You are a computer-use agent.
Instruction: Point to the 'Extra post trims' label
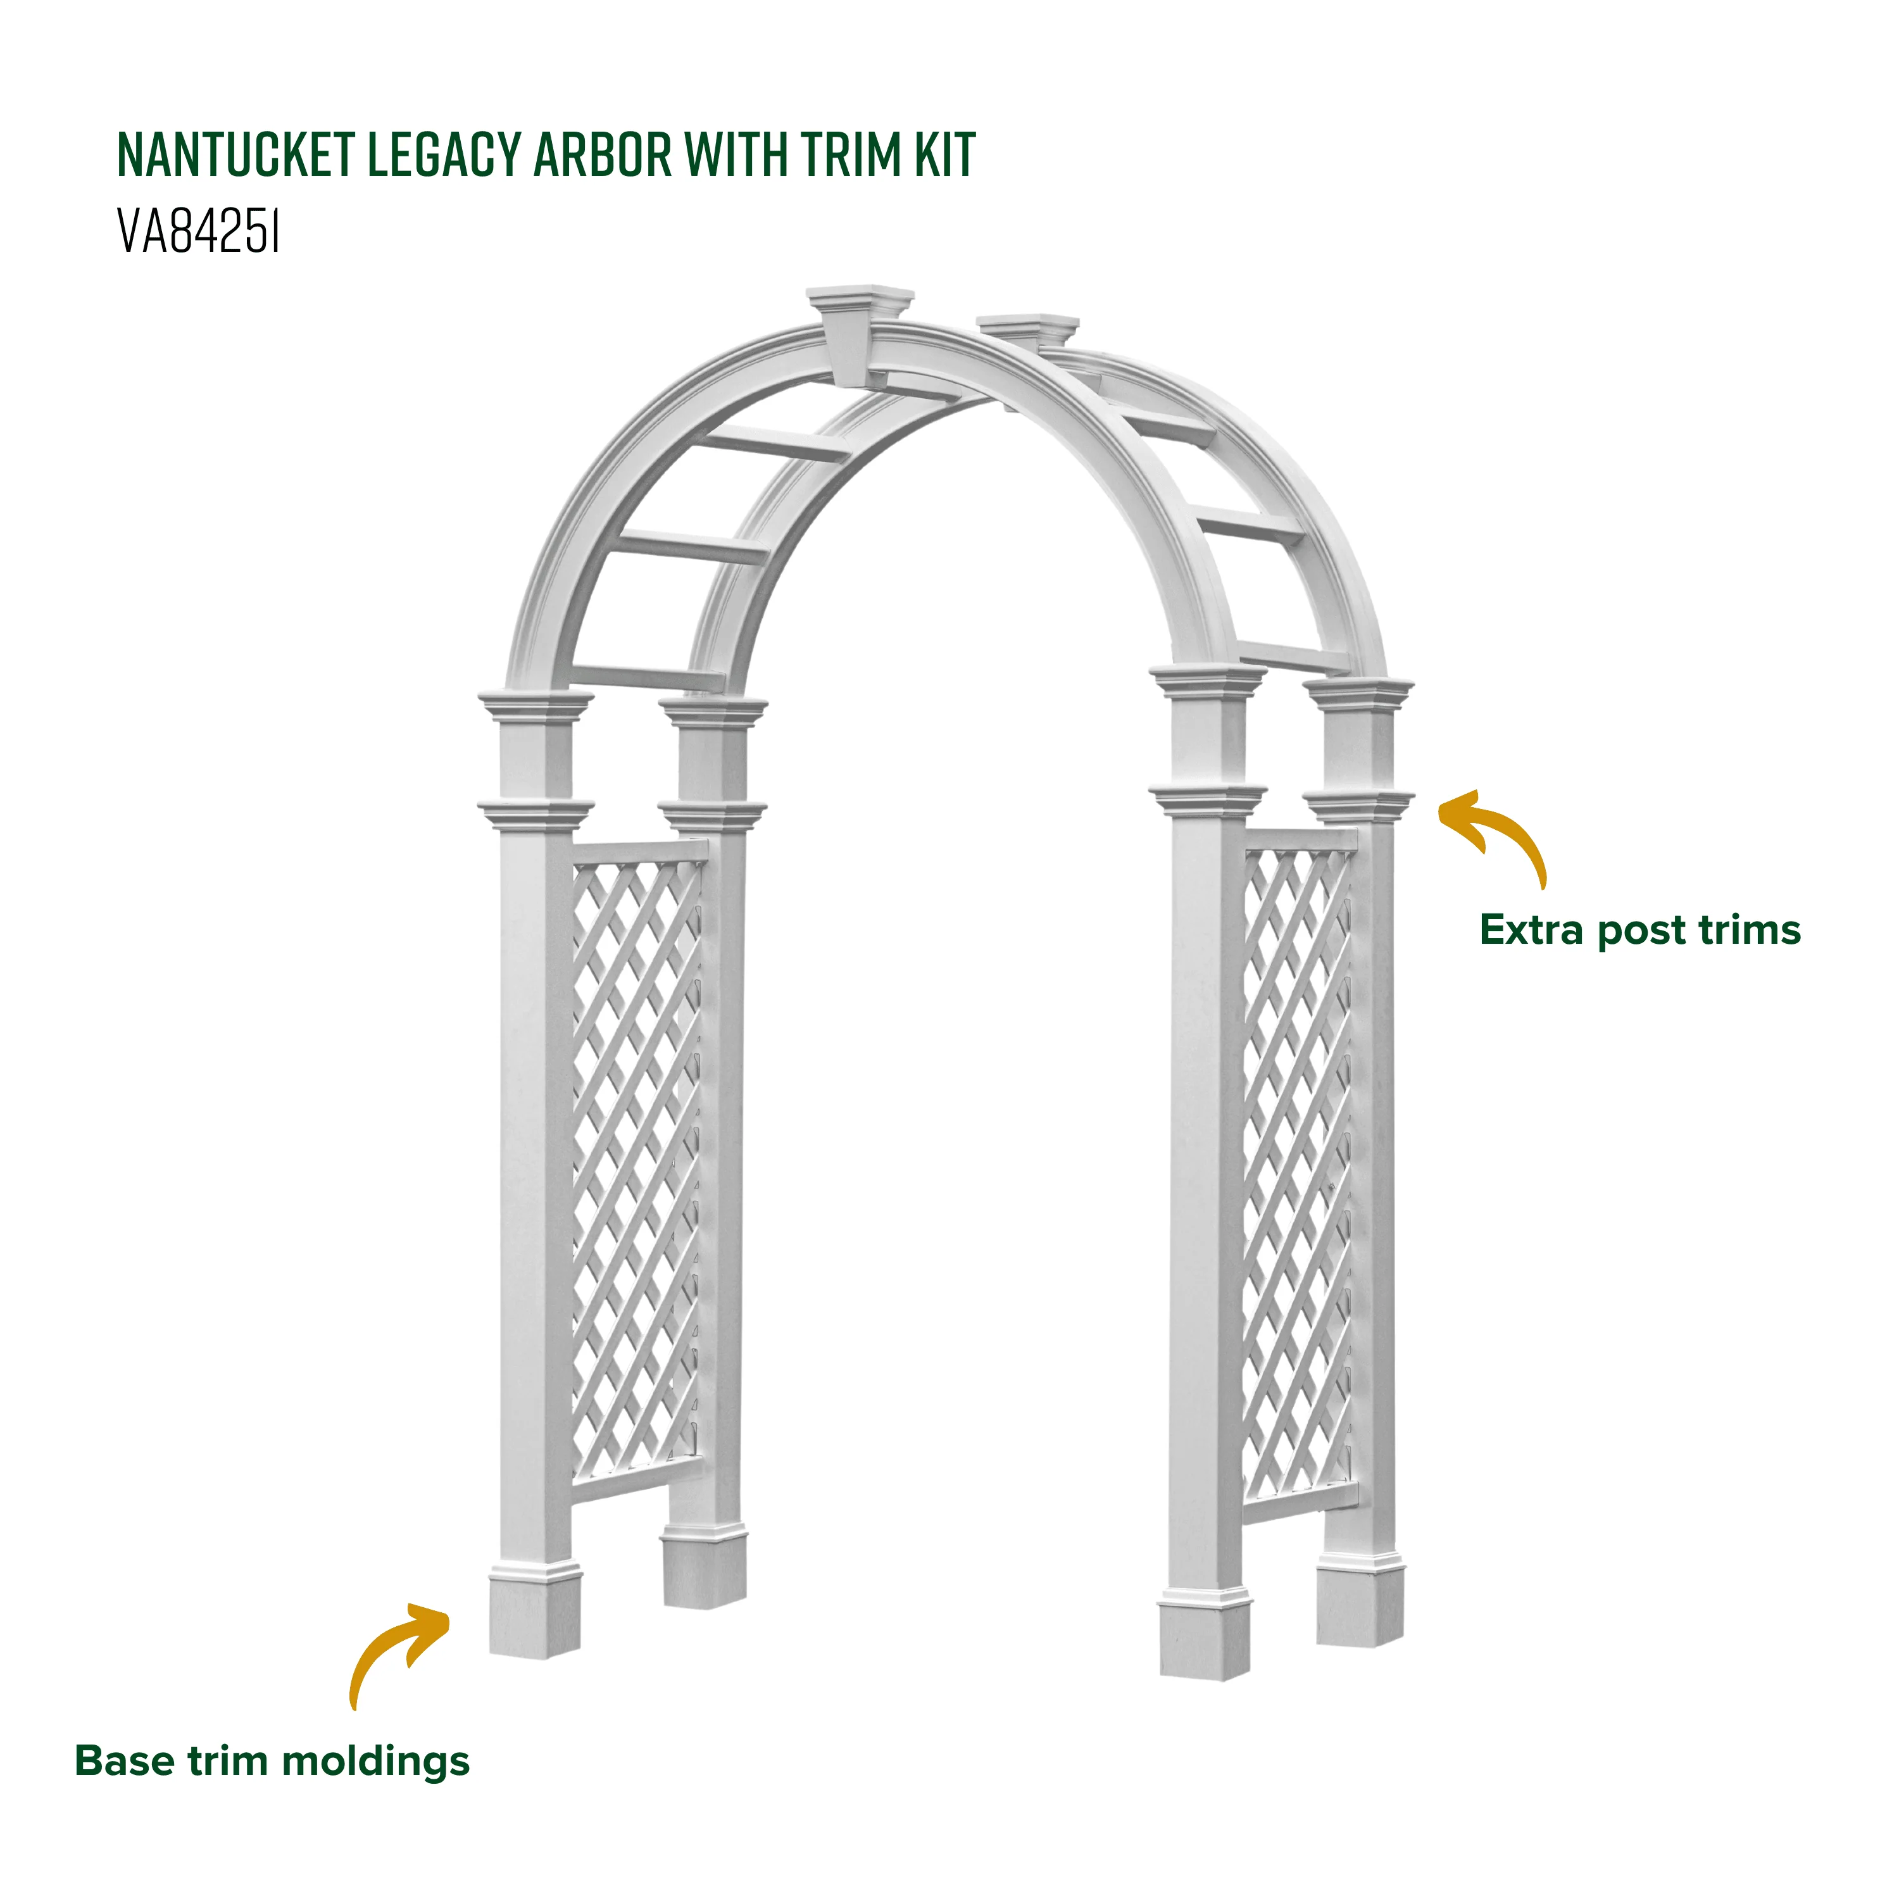(x=1639, y=931)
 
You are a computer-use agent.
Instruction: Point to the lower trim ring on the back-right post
(x=1360, y=806)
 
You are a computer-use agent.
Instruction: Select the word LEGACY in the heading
(x=444, y=154)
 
